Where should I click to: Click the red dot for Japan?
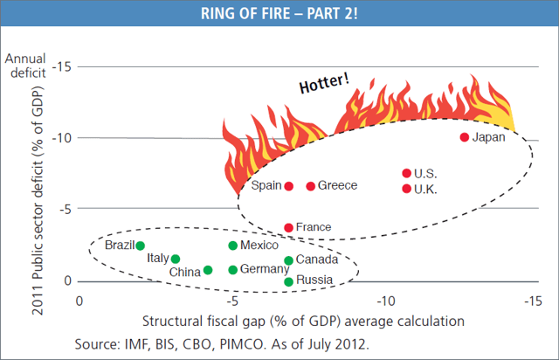[x=464, y=137]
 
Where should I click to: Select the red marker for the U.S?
[x=406, y=173]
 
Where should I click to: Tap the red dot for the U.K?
[x=406, y=188]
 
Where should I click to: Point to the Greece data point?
[x=310, y=186]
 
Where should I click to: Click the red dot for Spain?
[x=288, y=186]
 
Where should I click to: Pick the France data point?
[x=289, y=227]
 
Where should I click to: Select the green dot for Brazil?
[x=140, y=246]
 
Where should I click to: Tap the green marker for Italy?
[x=176, y=259]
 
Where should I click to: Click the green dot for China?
[x=207, y=271]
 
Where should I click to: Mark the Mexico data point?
[x=232, y=246]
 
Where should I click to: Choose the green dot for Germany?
[x=232, y=270]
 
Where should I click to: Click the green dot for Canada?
[x=288, y=260]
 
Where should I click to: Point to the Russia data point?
[x=289, y=280]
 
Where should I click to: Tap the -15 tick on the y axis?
[x=62, y=66]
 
